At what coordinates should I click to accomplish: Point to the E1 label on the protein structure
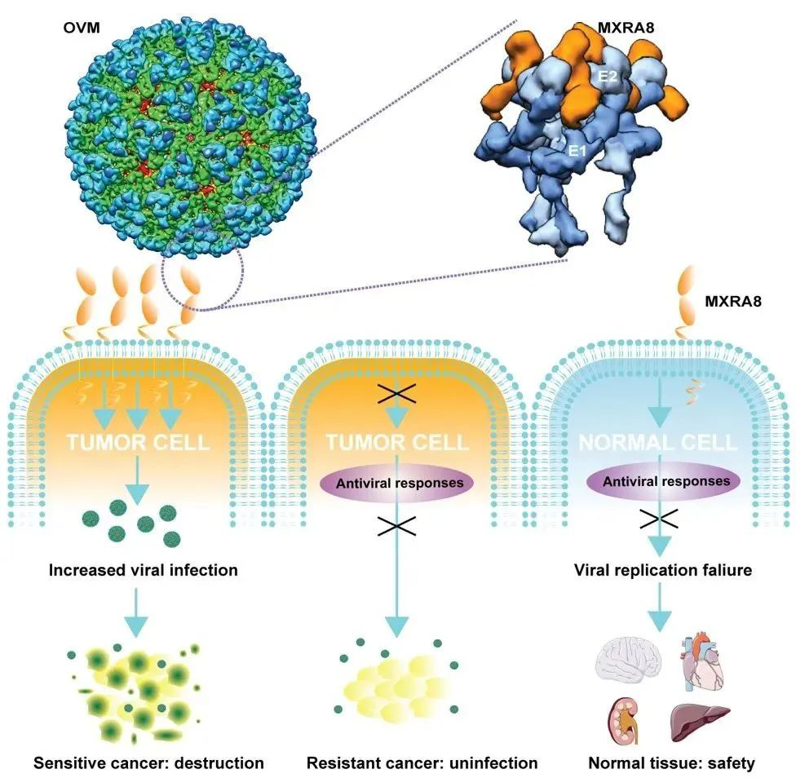[578, 150]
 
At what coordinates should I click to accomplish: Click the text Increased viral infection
[143, 570]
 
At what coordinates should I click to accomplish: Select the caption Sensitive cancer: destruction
[148, 763]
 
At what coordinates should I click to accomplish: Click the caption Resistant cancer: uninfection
[422, 763]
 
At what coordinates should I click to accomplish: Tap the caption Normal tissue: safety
[671, 763]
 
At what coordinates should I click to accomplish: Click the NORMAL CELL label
[658, 443]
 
